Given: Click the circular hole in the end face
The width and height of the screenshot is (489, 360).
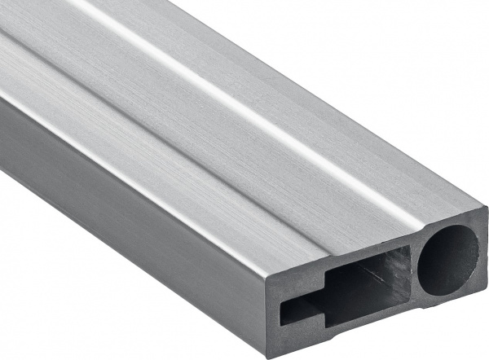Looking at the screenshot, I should tap(449, 258).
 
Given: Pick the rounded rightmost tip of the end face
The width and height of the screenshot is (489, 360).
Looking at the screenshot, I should tap(486, 244).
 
